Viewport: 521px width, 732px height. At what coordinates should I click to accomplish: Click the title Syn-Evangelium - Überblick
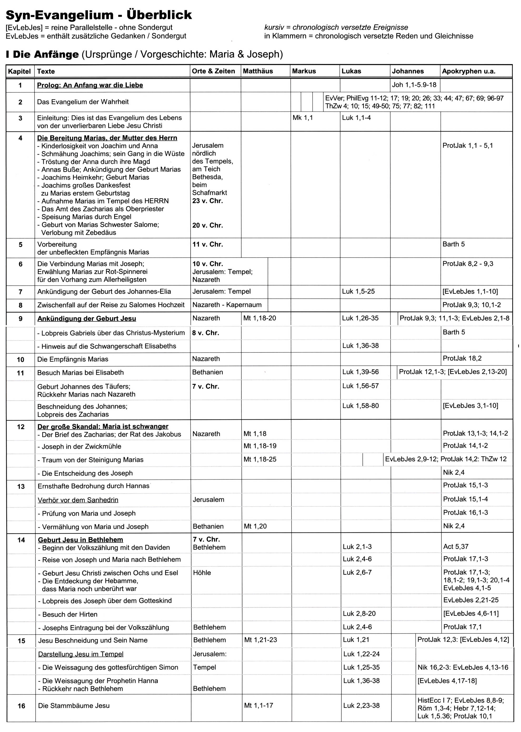[x=99, y=15]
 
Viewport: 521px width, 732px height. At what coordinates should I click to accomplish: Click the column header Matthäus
[x=258, y=71]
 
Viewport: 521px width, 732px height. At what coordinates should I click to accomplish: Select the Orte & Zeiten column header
[x=213, y=71]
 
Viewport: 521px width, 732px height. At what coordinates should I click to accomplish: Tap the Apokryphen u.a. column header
[x=468, y=71]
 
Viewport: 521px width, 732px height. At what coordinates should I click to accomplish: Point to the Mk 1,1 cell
[x=303, y=118]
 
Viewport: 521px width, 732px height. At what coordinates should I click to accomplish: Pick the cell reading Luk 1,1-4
[x=356, y=118]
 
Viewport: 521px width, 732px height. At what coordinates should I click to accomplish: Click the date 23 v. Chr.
[x=208, y=201]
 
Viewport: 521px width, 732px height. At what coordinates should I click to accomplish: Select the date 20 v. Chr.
[x=208, y=225]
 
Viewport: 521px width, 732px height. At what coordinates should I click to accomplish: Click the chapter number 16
[x=21, y=706]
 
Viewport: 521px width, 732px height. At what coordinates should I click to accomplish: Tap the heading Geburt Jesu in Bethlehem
[x=81, y=540]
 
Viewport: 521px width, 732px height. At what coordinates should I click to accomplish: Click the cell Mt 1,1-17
[x=259, y=705]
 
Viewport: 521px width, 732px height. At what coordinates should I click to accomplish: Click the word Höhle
[x=202, y=573]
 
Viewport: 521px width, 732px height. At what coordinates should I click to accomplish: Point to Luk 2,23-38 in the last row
[x=361, y=705]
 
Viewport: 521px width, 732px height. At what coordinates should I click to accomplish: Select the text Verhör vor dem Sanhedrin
[x=78, y=500]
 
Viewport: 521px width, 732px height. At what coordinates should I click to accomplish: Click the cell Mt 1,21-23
[x=260, y=640]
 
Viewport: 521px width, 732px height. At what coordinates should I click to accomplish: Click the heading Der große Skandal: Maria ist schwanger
[x=103, y=426]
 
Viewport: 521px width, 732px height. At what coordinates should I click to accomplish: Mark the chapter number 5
[x=21, y=245]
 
